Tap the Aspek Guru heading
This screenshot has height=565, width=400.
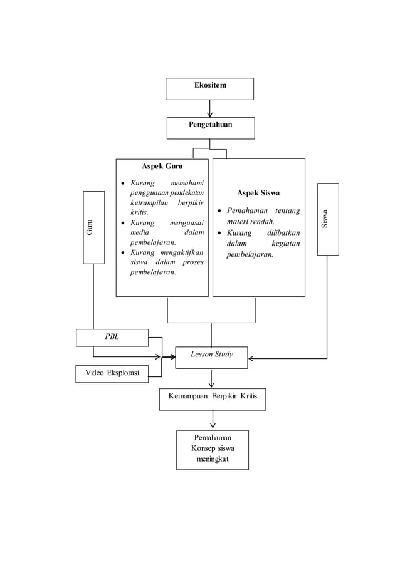[x=162, y=166]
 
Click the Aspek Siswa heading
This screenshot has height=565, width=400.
[x=258, y=193]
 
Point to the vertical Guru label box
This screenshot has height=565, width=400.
[x=93, y=227]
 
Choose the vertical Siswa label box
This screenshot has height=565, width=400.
[x=327, y=219]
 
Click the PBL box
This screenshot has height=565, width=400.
[x=112, y=337]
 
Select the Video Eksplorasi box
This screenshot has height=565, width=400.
[x=112, y=373]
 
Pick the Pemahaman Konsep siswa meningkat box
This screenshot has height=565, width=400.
[x=212, y=449]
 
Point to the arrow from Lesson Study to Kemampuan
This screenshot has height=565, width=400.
[x=211, y=378]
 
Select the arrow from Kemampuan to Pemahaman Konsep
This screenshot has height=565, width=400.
[x=213, y=420]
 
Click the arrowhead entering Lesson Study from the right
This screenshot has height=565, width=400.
[x=251, y=359]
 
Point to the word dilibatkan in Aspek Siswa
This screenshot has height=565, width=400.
[x=283, y=232]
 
